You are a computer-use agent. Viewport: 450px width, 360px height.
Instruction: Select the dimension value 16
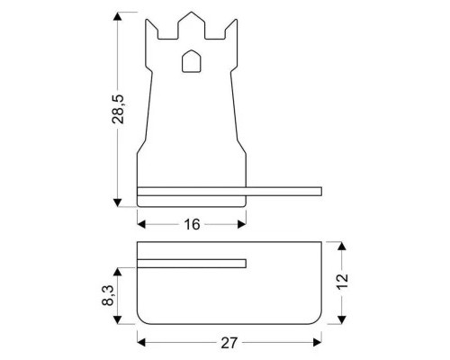click(191, 224)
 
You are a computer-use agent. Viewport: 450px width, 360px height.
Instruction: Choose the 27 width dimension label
click(229, 342)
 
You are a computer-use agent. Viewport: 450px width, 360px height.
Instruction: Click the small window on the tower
click(191, 61)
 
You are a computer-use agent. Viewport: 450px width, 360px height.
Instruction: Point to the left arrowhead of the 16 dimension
click(141, 224)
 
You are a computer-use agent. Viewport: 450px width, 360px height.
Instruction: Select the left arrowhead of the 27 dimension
click(141, 342)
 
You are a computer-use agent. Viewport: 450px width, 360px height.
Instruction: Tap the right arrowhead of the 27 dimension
click(318, 342)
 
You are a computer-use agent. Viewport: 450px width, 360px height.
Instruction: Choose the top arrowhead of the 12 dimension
click(342, 246)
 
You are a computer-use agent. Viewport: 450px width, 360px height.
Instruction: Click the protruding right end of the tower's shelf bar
click(315, 191)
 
